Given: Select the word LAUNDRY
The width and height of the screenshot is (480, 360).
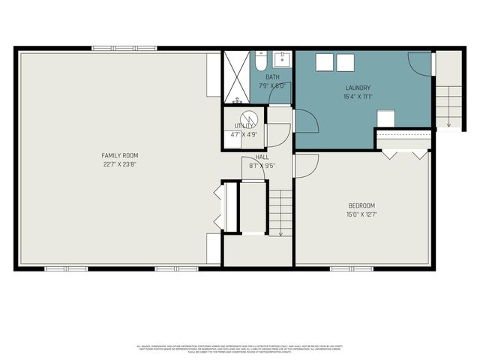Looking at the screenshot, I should (x=357, y=88).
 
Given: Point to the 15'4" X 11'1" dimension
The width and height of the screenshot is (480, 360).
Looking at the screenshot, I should (x=357, y=96).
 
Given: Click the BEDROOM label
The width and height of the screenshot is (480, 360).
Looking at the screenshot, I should (x=361, y=205).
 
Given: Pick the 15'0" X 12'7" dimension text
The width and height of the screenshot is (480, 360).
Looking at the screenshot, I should (x=361, y=214).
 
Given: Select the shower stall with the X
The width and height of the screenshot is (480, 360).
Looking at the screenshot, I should (x=237, y=77).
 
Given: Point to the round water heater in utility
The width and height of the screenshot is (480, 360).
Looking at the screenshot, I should (x=249, y=118).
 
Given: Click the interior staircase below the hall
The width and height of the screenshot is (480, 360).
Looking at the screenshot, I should (x=280, y=211).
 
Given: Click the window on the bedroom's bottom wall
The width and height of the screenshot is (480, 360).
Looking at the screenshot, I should (x=352, y=268).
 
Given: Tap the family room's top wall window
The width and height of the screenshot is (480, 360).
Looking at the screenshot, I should (x=113, y=49).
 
